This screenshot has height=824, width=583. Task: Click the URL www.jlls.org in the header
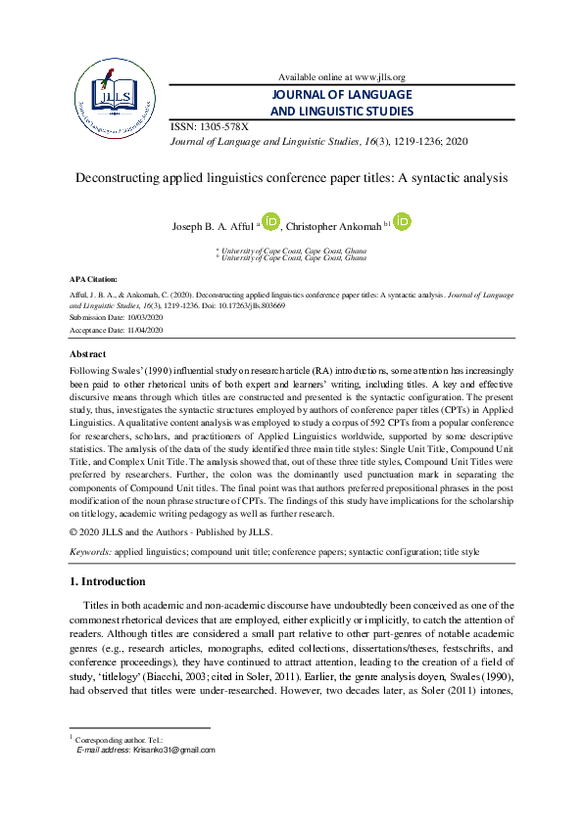click(x=373, y=77)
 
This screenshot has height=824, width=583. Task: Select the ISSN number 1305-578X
click(x=223, y=127)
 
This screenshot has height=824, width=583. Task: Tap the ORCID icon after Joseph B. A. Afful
click(x=271, y=224)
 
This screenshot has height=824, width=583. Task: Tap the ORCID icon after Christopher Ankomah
click(x=402, y=224)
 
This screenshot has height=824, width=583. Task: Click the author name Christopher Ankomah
click(x=335, y=227)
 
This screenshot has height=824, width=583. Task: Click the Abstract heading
click(x=88, y=353)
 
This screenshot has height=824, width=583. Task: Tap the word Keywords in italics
click(x=89, y=552)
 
